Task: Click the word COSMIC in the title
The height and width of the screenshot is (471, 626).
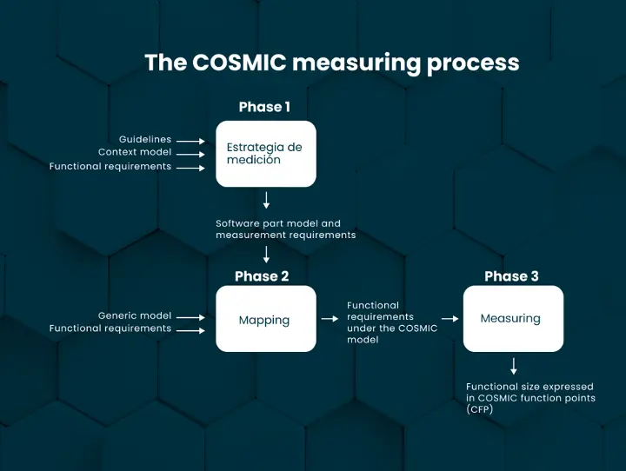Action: pyautogui.click(x=240, y=63)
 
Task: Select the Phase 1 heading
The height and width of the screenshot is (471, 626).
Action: pyautogui.click(x=264, y=107)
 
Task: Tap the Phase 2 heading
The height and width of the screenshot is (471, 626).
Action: pyautogui.click(x=262, y=276)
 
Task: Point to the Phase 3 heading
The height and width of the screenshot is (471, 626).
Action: pyautogui.click(x=511, y=276)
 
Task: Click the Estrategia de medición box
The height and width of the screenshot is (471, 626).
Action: pyautogui.click(x=266, y=154)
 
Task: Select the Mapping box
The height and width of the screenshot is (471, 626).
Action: pyautogui.click(x=266, y=319)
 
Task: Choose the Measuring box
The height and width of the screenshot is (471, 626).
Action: pyautogui.click(x=513, y=319)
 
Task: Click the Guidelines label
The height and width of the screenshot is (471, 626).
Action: pyautogui.click(x=145, y=139)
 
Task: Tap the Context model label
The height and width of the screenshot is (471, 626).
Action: pyautogui.click(x=135, y=152)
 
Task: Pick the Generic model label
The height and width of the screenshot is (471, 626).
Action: pyautogui.click(x=135, y=315)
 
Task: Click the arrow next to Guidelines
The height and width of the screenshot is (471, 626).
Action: pyautogui.click(x=190, y=141)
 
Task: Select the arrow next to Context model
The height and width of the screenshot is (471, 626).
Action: pyautogui.click(x=190, y=155)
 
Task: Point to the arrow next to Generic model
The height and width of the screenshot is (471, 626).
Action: pyautogui.click(x=190, y=317)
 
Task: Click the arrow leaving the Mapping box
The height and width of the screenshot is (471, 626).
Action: pyautogui.click(x=330, y=319)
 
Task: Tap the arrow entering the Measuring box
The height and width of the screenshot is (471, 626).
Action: pyautogui.click(x=450, y=319)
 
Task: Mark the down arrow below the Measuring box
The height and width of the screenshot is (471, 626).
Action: pyautogui.click(x=514, y=366)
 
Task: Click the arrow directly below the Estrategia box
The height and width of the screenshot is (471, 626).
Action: pyautogui.click(x=266, y=200)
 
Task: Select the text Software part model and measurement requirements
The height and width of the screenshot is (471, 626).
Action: pyautogui.click(x=286, y=229)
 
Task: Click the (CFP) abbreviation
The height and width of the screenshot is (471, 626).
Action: pyautogui.click(x=479, y=409)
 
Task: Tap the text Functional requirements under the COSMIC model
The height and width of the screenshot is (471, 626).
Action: pyautogui.click(x=392, y=322)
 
